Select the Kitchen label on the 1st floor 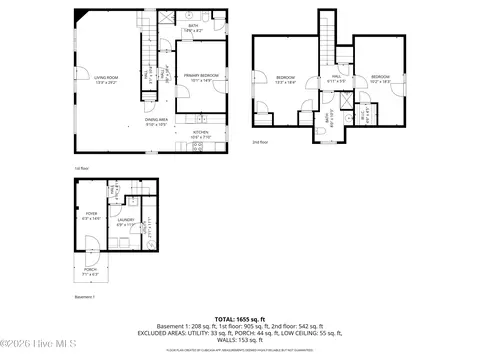click(200, 134)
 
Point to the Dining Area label click(156, 122)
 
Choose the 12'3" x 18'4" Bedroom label click(285, 79)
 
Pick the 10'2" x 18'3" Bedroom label click(380, 79)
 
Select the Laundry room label click(126, 223)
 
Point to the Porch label click(89, 268)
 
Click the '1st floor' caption click(82, 168)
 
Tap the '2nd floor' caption click(259, 143)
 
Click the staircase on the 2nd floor click(327, 40)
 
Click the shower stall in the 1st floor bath click(166, 19)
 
